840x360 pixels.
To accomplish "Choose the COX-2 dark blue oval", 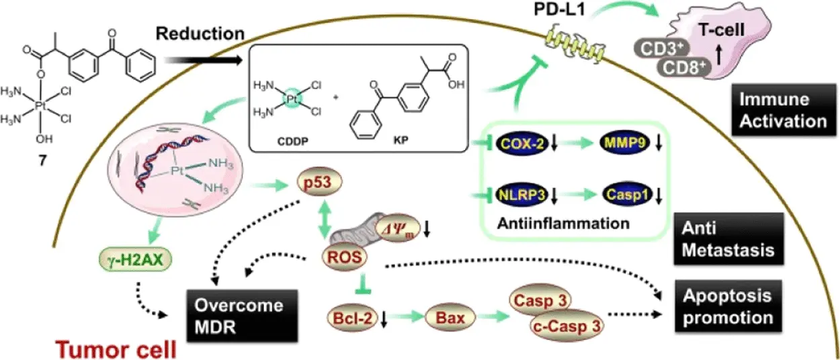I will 521,143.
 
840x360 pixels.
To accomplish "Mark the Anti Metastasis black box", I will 740,240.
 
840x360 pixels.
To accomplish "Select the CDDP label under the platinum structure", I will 291,141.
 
